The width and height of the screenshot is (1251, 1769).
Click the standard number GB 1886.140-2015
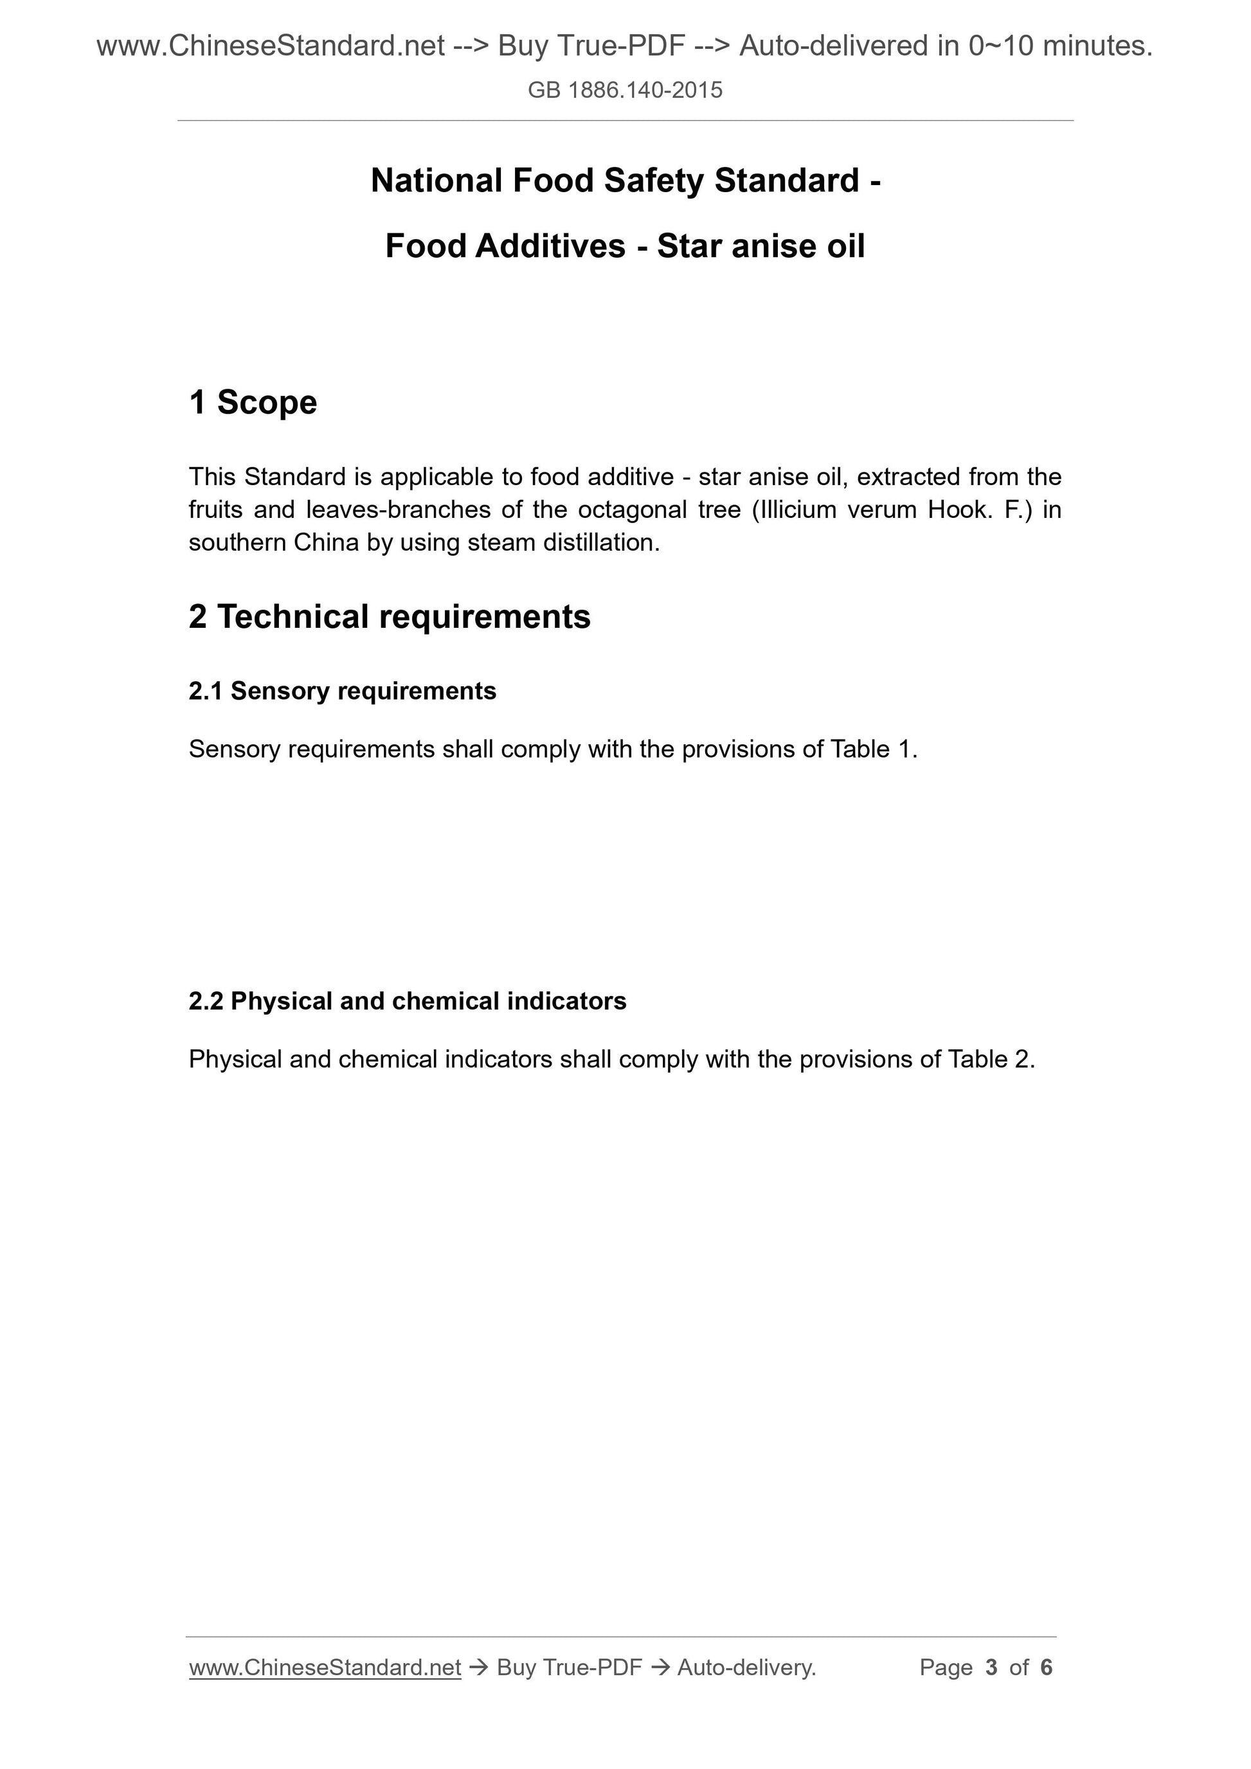point(625,90)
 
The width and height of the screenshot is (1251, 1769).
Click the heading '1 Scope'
point(253,402)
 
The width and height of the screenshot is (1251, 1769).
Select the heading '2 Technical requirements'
point(390,616)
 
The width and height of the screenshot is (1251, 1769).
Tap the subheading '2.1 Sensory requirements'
point(342,691)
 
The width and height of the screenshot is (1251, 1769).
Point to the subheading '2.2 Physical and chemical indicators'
point(407,1001)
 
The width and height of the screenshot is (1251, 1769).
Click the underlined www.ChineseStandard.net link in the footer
point(325,1667)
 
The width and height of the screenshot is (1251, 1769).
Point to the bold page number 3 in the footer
point(991,1667)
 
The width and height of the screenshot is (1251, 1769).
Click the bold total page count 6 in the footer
point(1046,1667)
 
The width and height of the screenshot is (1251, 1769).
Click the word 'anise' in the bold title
point(773,247)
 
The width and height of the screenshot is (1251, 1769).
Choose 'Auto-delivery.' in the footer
point(746,1667)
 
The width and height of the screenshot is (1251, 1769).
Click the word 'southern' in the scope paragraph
point(237,543)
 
